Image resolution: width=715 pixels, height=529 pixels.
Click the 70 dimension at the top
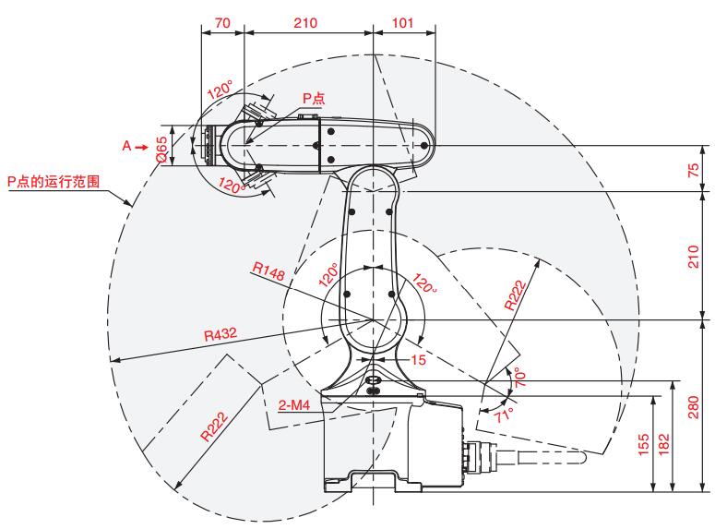(222, 22)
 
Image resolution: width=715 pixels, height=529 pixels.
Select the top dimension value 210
(305, 22)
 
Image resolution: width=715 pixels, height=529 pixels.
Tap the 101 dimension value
(402, 22)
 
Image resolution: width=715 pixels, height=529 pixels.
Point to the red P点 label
(314, 98)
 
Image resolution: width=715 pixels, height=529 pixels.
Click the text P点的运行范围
(54, 181)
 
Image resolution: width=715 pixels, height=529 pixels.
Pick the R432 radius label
(220, 334)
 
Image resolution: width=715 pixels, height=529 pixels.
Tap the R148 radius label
(268, 271)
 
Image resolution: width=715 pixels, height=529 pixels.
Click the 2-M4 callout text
(294, 404)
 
